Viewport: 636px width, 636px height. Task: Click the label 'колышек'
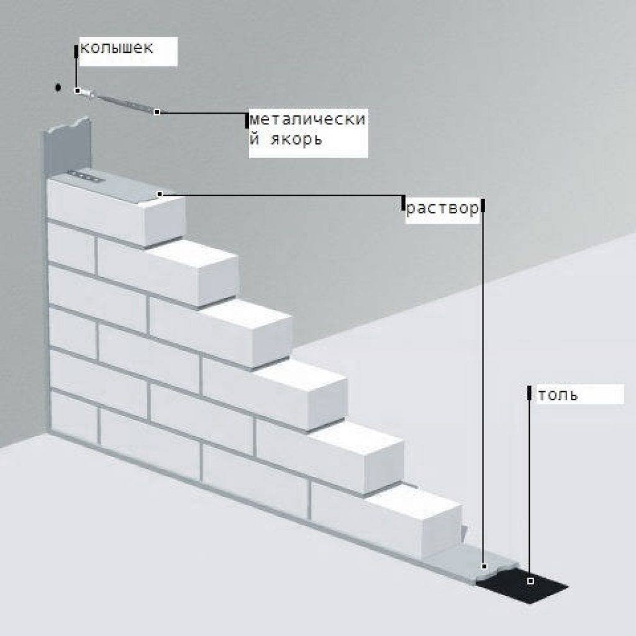pos(116,48)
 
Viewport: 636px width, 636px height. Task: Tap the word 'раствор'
pos(442,209)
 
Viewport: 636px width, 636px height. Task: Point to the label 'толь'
pos(558,395)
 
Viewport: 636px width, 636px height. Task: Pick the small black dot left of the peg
pos(58,88)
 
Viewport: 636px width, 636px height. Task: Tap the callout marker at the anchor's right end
pos(157,112)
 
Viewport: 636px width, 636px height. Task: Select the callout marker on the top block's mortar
pos(160,194)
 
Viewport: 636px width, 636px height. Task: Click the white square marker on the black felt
pos(530,581)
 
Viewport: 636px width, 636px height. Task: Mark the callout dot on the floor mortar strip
pos(484,566)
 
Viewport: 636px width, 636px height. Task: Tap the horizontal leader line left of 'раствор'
pos(279,195)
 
